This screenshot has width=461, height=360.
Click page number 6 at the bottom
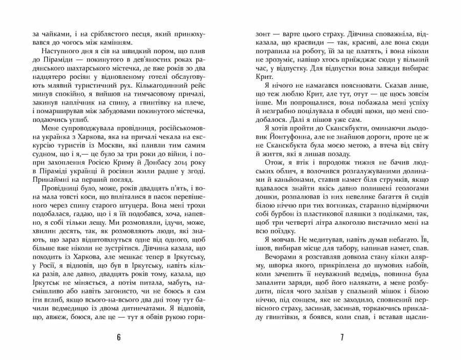[118, 337]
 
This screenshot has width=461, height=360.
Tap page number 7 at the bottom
[342, 337]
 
